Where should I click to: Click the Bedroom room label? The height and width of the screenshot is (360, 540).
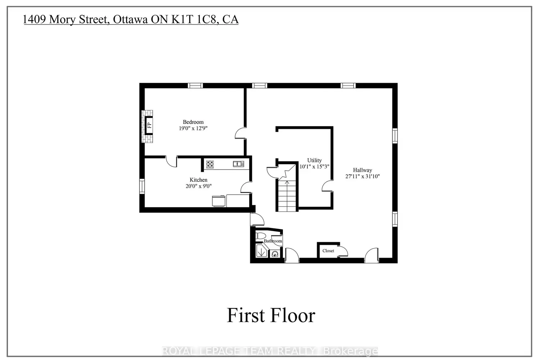pos(193,122)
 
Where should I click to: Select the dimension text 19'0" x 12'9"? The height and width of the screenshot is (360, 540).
pos(193,128)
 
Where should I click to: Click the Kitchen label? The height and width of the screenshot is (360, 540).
pos(198,180)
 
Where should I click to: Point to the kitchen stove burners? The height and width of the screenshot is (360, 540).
pos(210,165)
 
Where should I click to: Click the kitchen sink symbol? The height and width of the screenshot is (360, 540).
pos(238,164)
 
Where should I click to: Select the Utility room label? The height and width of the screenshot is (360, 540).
pos(314,160)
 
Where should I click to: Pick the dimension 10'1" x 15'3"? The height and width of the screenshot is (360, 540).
pos(314,167)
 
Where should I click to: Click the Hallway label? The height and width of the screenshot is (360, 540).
pos(362,170)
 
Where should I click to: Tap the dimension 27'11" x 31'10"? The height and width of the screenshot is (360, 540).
pos(362,176)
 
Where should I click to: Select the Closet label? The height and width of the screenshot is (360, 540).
pos(328,251)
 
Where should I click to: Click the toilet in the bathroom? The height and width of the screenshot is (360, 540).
pos(261,236)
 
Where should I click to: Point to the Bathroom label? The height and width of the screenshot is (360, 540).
pos(273,241)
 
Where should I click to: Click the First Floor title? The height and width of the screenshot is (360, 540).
pos(271,315)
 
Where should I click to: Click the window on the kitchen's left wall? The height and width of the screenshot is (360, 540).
pos(142,186)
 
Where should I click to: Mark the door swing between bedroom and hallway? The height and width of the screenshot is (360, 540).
pos(240,134)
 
